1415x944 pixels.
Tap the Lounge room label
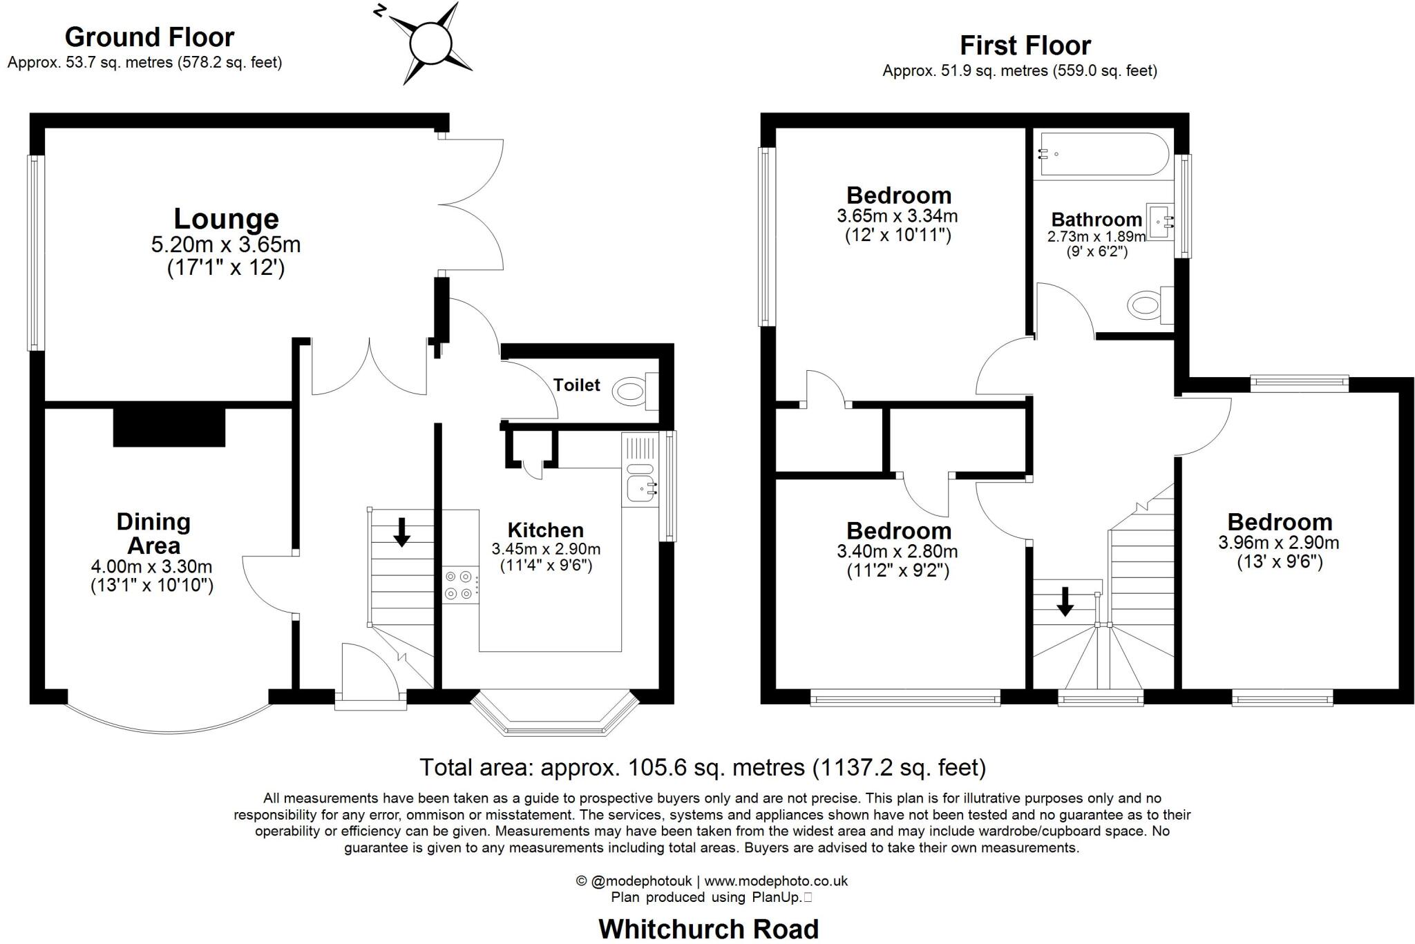(226, 218)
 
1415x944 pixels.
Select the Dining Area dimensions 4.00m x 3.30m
(152, 567)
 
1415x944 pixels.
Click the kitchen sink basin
(640, 488)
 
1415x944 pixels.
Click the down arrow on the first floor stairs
(1065, 601)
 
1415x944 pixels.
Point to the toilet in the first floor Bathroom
(1147, 305)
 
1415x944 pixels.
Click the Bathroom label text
(1096, 220)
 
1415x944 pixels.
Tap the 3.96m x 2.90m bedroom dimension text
(1279, 543)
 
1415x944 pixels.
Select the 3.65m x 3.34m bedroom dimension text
(898, 216)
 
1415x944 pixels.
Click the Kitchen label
(545, 530)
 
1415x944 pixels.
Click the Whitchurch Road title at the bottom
(708, 929)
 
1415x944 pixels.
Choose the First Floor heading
(1025, 46)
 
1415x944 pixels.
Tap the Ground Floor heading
(149, 37)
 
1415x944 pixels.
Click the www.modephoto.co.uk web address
(776, 881)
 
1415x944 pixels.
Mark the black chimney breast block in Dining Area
(169, 427)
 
